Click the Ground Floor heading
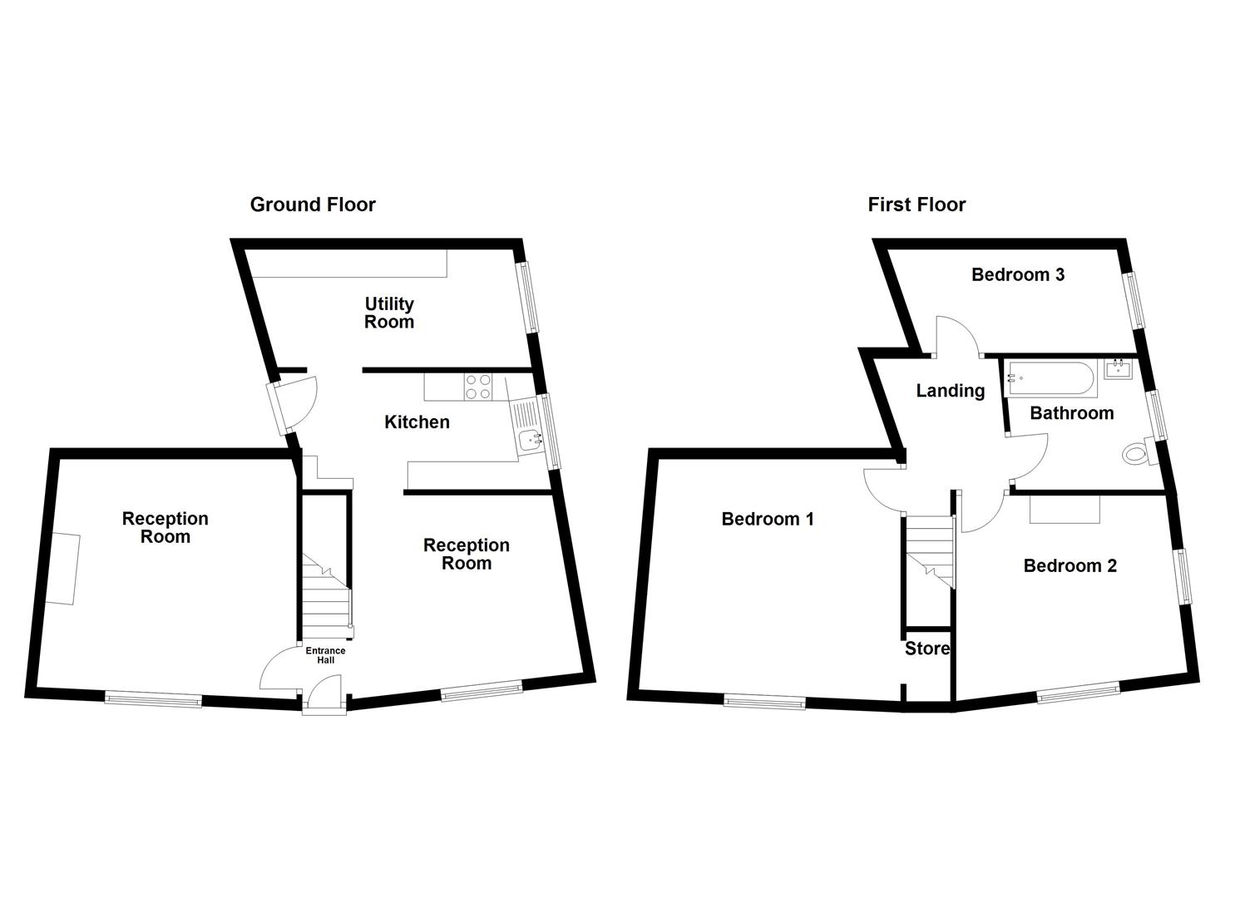(x=313, y=205)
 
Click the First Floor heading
(x=916, y=205)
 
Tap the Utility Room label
(x=389, y=313)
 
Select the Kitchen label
(x=417, y=422)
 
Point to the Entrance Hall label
(x=325, y=655)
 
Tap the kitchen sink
(x=527, y=439)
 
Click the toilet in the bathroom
(x=1136, y=453)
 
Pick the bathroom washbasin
(x=1118, y=368)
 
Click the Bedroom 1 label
(x=768, y=520)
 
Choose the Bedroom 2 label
(x=1070, y=566)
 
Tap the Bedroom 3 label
(x=1018, y=274)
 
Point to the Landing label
(x=951, y=391)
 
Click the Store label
(x=927, y=649)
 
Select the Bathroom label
(x=1071, y=413)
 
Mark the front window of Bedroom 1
(x=764, y=703)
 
